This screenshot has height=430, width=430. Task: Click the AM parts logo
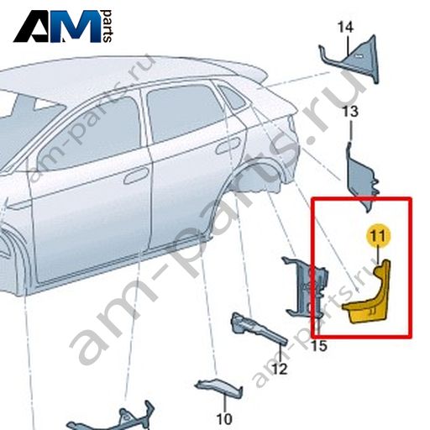tap(63, 26)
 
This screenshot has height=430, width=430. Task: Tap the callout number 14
tap(345, 27)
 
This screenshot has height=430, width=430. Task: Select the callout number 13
tap(350, 112)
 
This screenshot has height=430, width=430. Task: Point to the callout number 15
tap(320, 346)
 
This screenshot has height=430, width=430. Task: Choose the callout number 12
tap(280, 369)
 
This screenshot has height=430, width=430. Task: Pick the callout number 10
tap(224, 419)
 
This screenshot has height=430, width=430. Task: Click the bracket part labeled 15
tap(305, 288)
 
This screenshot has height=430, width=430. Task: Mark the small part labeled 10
tap(219, 387)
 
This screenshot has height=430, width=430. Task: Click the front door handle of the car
tap(136, 176)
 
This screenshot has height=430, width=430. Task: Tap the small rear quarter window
tap(231, 96)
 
